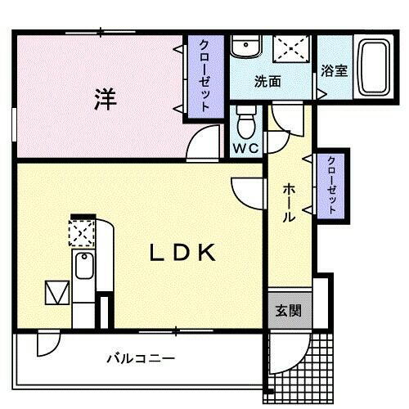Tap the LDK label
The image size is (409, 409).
click(182, 254)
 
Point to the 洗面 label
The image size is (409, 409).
click(267, 82)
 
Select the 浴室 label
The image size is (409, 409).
click(334, 70)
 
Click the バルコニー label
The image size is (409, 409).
click(141, 358)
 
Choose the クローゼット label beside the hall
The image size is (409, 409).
click(332, 185)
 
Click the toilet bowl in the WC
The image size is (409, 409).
click(245, 125)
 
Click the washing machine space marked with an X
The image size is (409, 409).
click(291, 47)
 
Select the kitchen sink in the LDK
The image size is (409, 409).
click(83, 267)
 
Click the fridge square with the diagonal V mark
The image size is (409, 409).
click(57, 292)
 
